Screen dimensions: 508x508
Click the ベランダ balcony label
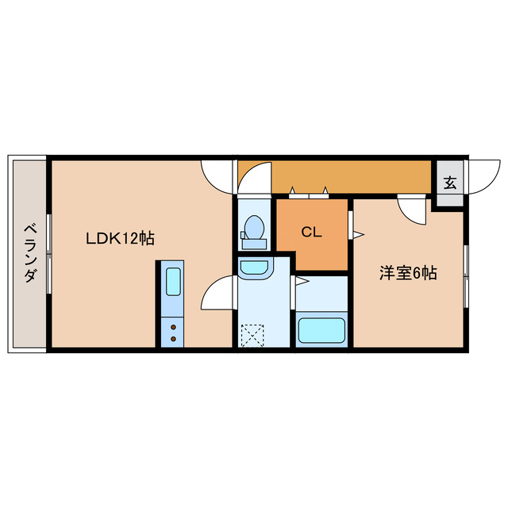(29, 253)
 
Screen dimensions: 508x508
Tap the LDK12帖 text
(120, 238)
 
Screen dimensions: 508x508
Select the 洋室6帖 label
(407, 273)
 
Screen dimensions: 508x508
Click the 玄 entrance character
(449, 183)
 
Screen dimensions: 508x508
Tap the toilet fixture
(254, 229)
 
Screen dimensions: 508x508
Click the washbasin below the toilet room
(255, 267)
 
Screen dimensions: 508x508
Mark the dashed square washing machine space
(253, 333)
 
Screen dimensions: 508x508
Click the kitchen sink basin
(173, 281)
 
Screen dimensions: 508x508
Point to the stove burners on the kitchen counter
(172, 332)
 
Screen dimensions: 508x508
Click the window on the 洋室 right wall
(466, 274)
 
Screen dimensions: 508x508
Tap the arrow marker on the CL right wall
(357, 234)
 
